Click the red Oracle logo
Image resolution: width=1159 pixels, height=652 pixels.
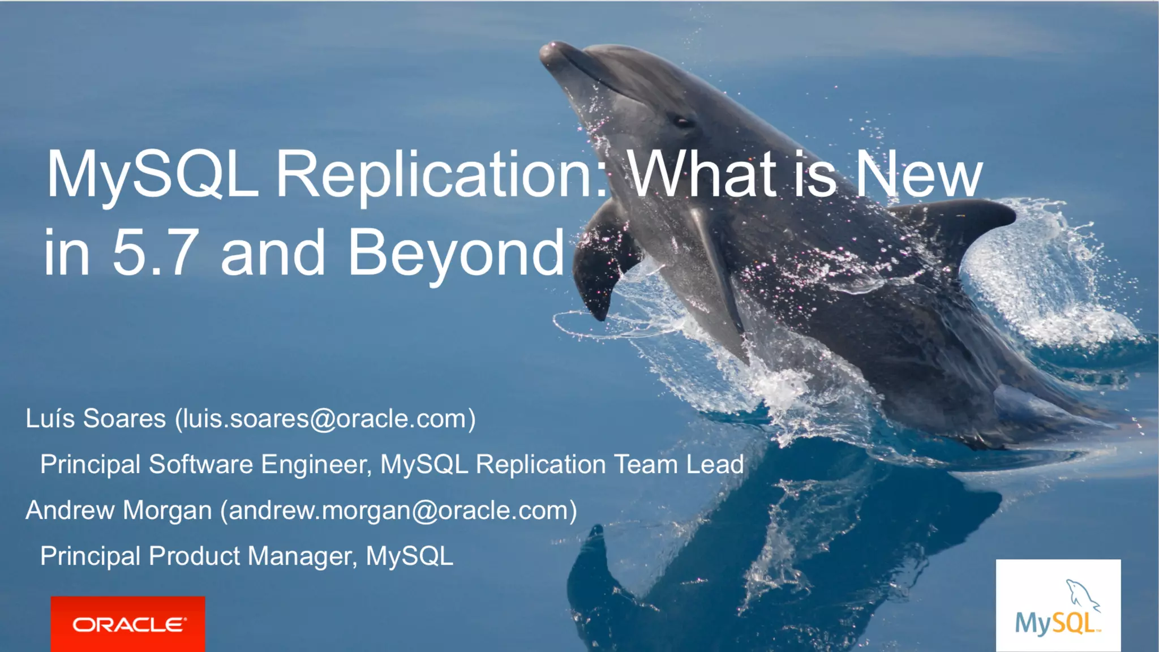coord(128,624)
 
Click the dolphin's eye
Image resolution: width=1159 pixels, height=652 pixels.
coord(682,121)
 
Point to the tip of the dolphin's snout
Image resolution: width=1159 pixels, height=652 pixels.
coord(547,53)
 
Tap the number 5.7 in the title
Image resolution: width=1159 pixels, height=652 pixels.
coord(156,252)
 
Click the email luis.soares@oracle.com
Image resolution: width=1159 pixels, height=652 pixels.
coord(325,419)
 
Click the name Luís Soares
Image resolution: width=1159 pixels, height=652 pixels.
coord(96,419)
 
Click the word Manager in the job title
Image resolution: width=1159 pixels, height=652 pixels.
coord(303,556)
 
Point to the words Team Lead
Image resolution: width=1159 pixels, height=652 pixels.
coord(679,465)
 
